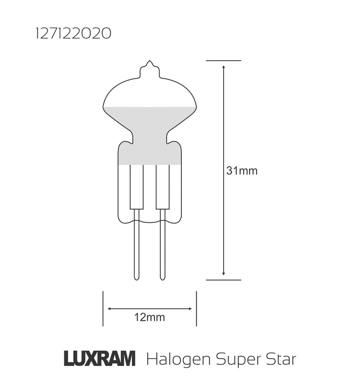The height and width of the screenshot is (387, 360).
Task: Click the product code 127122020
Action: tap(72, 35)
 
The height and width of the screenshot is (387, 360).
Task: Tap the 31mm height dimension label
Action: tap(242, 171)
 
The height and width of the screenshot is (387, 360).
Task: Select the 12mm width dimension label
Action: tap(149, 318)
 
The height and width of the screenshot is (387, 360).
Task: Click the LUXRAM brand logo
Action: tap(99, 359)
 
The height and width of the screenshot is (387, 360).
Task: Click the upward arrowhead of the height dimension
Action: tap(224, 67)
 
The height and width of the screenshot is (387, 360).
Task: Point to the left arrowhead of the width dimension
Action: tap(109, 309)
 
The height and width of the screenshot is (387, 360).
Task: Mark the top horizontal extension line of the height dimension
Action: tap(224, 60)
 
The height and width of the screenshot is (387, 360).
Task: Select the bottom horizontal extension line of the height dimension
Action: tap(224, 280)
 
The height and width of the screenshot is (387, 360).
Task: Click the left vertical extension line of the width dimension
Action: tap(103, 309)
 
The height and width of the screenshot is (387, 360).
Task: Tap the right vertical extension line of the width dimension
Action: tap(196, 309)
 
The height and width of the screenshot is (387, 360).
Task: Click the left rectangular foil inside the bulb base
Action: tap(136, 187)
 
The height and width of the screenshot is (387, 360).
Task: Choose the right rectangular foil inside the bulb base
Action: tap(162, 187)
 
